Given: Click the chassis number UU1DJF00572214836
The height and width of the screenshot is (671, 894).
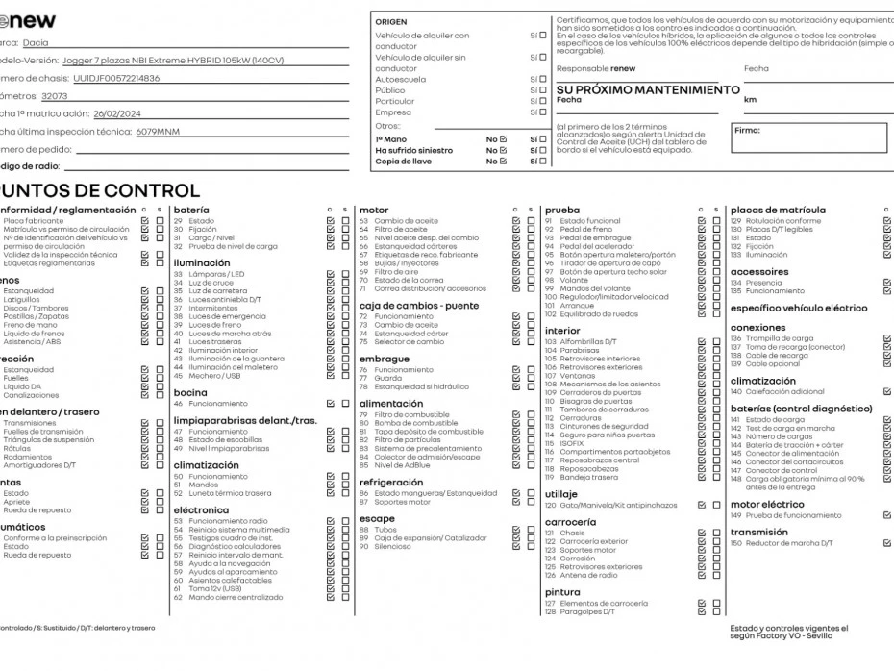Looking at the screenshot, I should pyautogui.click(x=116, y=78).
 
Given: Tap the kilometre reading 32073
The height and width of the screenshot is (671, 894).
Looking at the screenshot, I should pyautogui.click(x=55, y=96).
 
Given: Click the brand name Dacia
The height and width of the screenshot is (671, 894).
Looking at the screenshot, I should pyautogui.click(x=36, y=43).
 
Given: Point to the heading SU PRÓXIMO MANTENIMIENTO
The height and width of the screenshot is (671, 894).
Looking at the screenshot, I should pyautogui.click(x=648, y=89).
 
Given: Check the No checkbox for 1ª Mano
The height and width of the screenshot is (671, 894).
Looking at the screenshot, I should pyautogui.click(x=503, y=139).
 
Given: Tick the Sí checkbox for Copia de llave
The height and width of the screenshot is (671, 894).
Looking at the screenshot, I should pyautogui.click(x=543, y=162).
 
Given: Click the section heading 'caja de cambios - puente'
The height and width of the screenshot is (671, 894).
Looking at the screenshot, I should pyautogui.click(x=418, y=306).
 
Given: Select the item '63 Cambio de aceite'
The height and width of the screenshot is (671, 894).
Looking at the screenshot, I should pyautogui.click(x=392, y=221).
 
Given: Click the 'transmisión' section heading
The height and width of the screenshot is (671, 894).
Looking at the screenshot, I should pyautogui.click(x=758, y=532).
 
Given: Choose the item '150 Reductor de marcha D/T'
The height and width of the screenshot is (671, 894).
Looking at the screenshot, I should pyautogui.click(x=782, y=543).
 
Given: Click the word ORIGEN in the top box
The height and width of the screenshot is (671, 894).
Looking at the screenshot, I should pyautogui.click(x=390, y=21).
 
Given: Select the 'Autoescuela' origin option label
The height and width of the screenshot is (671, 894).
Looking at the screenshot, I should pyautogui.click(x=400, y=80).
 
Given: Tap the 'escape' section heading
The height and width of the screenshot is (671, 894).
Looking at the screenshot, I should pyautogui.click(x=377, y=519).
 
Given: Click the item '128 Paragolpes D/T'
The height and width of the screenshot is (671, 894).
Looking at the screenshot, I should pyautogui.click(x=594, y=611).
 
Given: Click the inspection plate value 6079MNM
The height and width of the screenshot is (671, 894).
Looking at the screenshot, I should pyautogui.click(x=158, y=132).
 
